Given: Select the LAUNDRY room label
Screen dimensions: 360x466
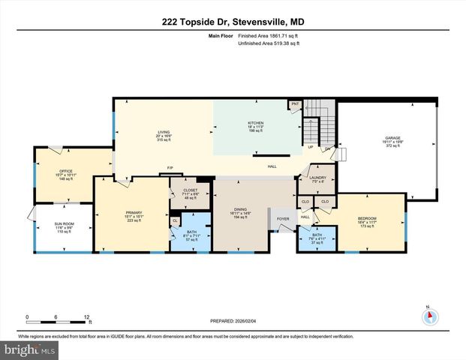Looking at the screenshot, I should [319, 178].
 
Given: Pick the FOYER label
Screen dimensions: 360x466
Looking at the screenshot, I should [283, 220].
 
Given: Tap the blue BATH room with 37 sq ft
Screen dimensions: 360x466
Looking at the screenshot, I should [317, 238].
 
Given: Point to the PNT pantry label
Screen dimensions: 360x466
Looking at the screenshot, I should [296, 104].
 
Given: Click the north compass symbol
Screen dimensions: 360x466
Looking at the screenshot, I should [429, 316].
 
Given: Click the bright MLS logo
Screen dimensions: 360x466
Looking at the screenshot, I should [29, 350].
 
